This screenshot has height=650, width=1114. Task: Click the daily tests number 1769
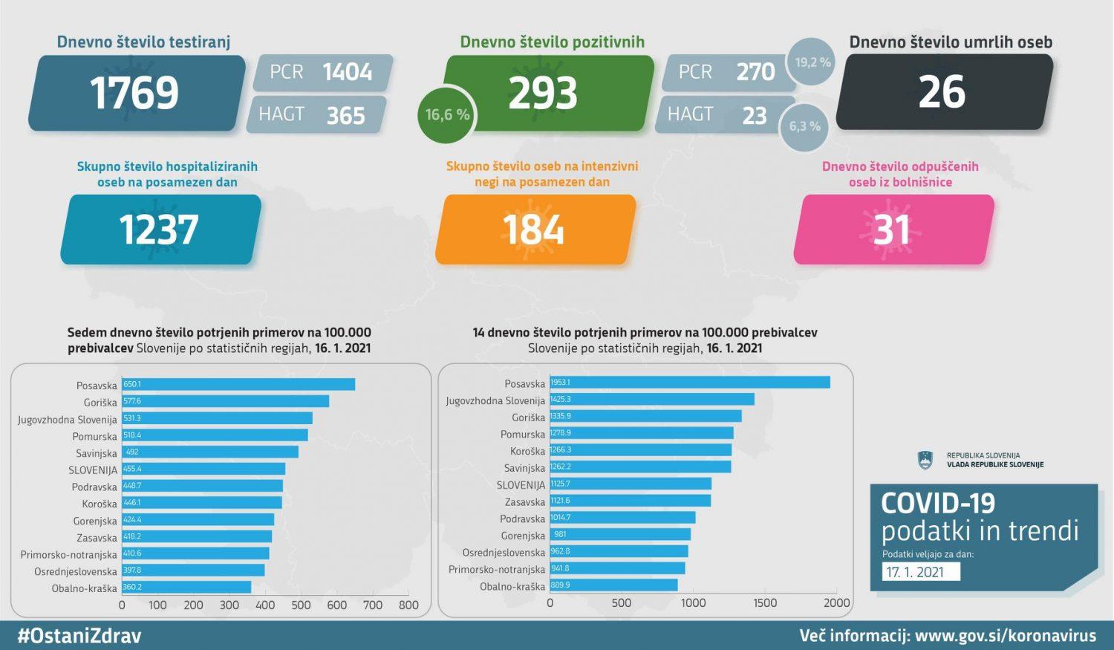pyautogui.click(x=134, y=93)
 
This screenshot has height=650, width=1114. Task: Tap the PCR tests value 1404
pyautogui.click(x=347, y=72)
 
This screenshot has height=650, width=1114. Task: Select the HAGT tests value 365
pyautogui.click(x=345, y=115)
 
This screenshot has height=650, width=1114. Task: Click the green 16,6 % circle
pyautogui.click(x=447, y=115)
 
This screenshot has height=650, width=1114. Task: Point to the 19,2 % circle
pyautogui.click(x=812, y=62)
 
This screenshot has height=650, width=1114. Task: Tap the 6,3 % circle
pyautogui.click(x=804, y=127)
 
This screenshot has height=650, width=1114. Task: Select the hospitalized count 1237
pyautogui.click(x=159, y=230)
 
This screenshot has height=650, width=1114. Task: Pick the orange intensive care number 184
pyautogui.click(x=533, y=230)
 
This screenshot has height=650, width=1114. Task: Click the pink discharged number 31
pyautogui.click(x=892, y=230)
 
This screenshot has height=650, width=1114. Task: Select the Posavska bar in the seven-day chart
pyautogui.click(x=238, y=385)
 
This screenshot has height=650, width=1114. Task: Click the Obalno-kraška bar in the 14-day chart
pyautogui.click(x=613, y=585)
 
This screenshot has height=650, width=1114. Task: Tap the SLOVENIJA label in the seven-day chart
pyautogui.click(x=93, y=470)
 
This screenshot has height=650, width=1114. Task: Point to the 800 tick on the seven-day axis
pyautogui.click(x=408, y=605)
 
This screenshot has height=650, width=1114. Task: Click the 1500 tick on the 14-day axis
pyautogui.click(x=765, y=603)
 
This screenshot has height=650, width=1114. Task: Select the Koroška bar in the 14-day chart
pyautogui.click(x=640, y=450)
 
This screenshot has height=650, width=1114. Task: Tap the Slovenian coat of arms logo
pyautogui.click(x=925, y=461)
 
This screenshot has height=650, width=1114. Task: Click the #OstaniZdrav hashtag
pyautogui.click(x=79, y=636)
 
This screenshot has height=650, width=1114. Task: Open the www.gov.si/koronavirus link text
pyautogui.click(x=1005, y=636)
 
